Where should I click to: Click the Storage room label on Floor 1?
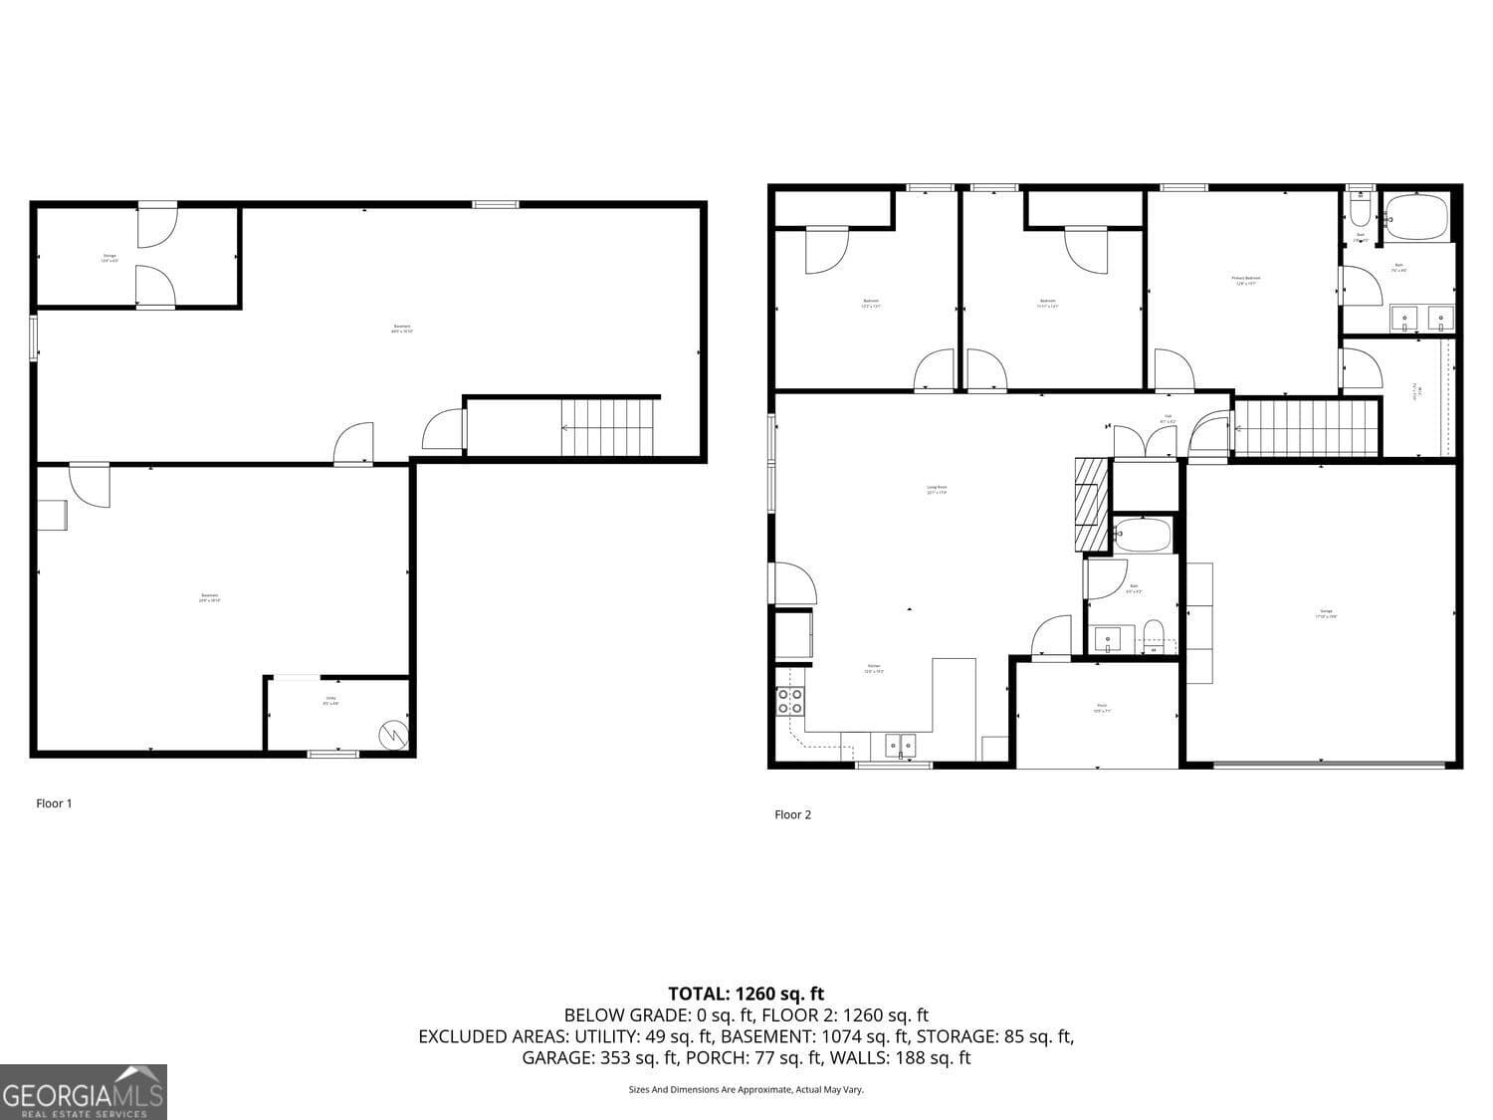click(109, 258)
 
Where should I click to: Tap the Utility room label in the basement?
click(331, 702)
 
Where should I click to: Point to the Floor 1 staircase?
click(608, 427)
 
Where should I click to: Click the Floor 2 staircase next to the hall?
click(1306, 427)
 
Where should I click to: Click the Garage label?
click(1326, 613)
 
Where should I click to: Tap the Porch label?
click(1101, 708)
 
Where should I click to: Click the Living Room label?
click(936, 490)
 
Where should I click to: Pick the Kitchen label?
click(873, 668)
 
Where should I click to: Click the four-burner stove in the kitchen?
click(790, 701)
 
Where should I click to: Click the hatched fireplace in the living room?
click(1091, 504)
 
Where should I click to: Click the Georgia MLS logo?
click(84, 1092)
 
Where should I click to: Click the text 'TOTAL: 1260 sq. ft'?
click(746, 994)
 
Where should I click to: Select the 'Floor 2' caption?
click(792, 814)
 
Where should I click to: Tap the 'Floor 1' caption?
click(54, 803)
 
